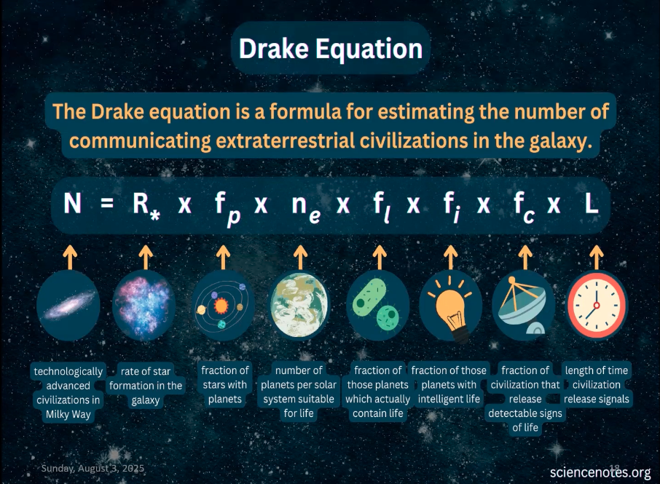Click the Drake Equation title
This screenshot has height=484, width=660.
[x=331, y=49]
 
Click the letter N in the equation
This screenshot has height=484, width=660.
[x=72, y=203]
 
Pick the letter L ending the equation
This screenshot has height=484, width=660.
[x=592, y=203]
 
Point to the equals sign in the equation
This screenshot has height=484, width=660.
[x=107, y=204]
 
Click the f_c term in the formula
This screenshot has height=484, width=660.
[x=524, y=207]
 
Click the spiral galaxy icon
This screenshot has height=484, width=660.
[x=68, y=305]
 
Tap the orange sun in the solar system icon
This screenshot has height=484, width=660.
[x=221, y=305]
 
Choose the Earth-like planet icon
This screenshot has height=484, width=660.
[x=299, y=305]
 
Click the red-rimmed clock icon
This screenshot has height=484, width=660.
[x=597, y=305]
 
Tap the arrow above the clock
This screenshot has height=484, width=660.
[x=597, y=258]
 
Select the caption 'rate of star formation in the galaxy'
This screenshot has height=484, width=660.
[x=146, y=386]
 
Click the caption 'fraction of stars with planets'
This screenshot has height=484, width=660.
[x=225, y=385]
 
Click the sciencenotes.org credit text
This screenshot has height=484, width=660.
[x=600, y=472]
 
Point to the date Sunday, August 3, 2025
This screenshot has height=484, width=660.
[x=93, y=469]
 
